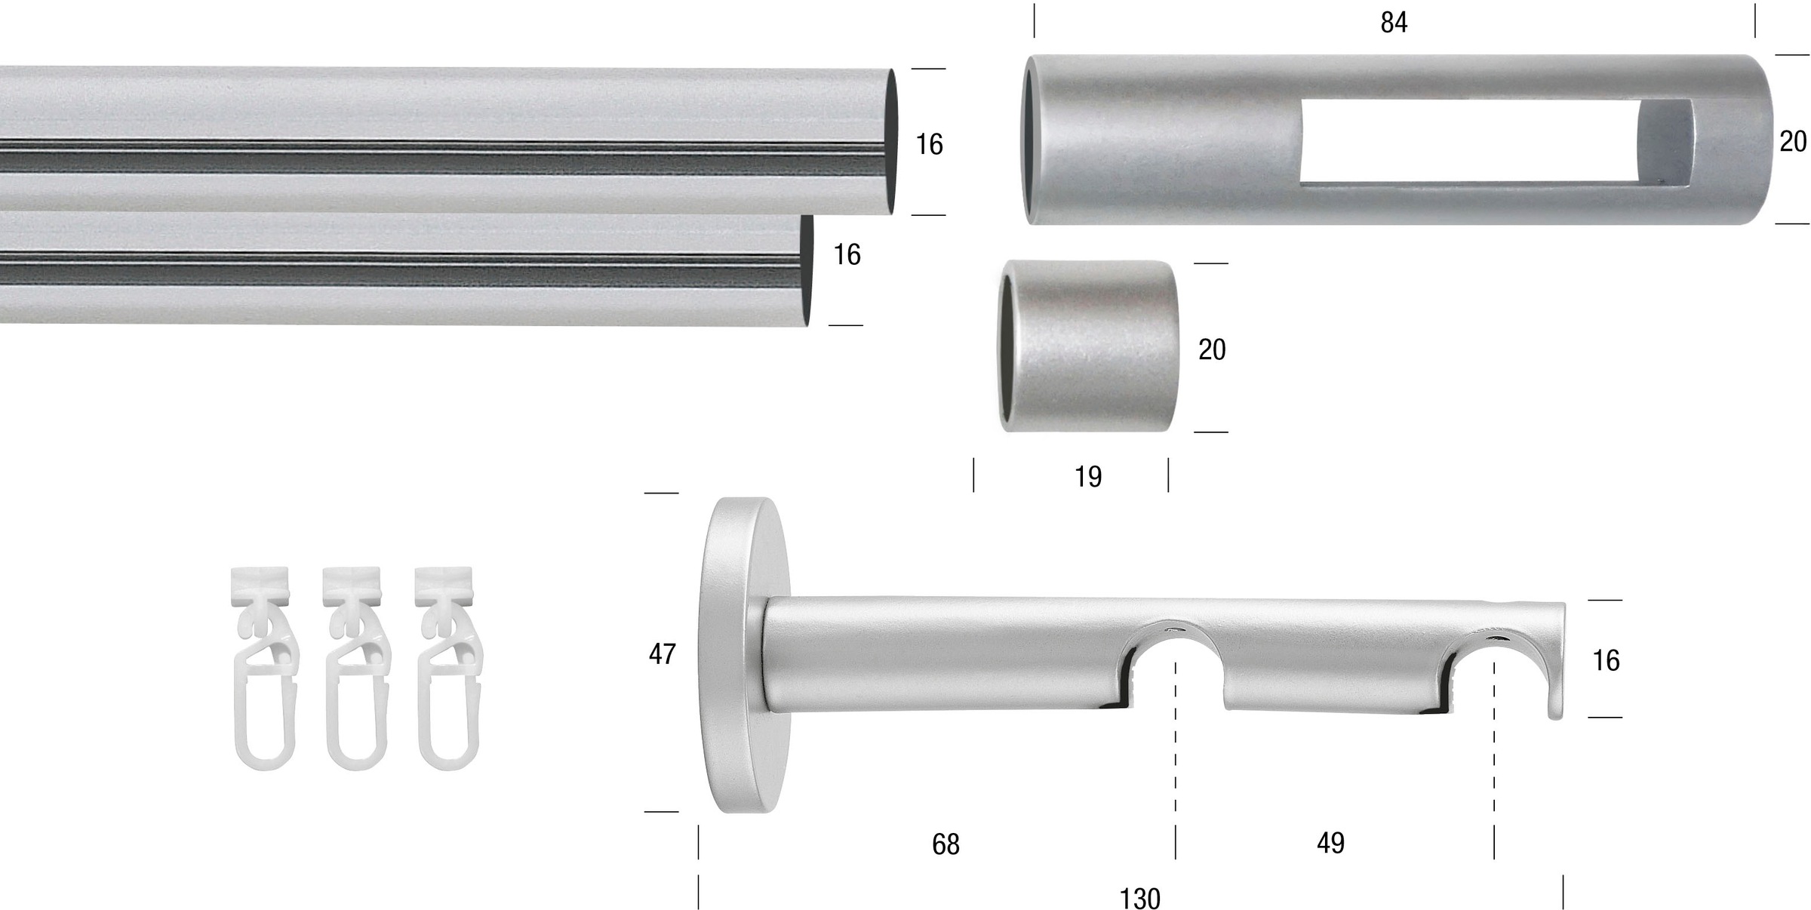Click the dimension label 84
click(1394, 23)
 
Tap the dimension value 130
click(1139, 898)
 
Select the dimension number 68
click(945, 844)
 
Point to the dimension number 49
click(1330, 843)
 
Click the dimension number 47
click(662, 654)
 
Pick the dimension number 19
click(1088, 477)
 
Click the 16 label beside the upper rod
click(929, 144)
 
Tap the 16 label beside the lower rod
click(847, 255)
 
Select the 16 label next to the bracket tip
click(1606, 661)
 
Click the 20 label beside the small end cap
click(1212, 349)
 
